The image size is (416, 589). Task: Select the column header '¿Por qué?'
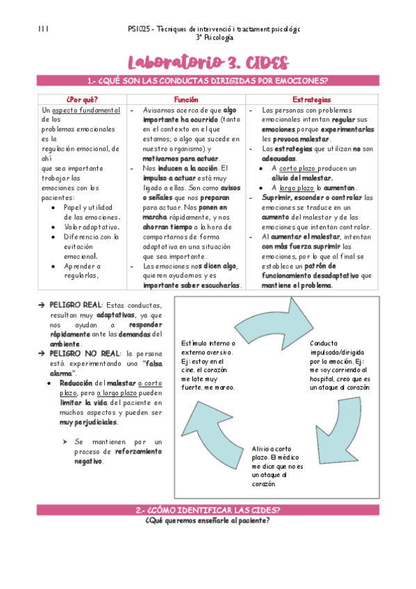click(82, 100)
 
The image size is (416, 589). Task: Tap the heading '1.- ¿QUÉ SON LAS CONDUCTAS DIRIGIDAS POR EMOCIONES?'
click(208, 81)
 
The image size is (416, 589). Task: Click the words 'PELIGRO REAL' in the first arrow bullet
click(75, 306)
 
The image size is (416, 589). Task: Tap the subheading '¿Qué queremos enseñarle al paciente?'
click(208, 521)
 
